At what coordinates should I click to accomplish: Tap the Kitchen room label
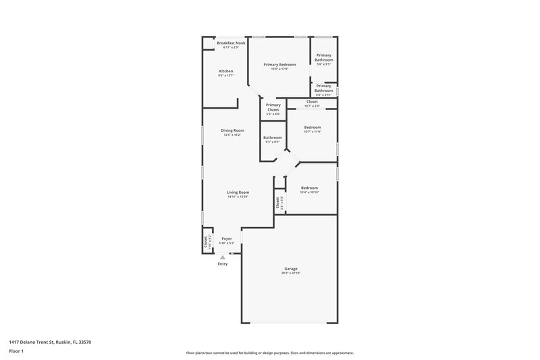point(226,71)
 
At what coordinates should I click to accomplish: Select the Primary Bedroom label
point(279,64)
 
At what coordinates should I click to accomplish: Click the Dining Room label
point(232,130)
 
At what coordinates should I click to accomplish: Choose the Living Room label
point(238,192)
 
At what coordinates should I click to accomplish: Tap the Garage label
point(291,269)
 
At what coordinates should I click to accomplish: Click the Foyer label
point(227,238)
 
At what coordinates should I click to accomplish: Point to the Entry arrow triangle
point(223,257)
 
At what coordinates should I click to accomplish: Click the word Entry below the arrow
point(223,264)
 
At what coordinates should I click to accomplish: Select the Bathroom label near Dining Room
point(273,137)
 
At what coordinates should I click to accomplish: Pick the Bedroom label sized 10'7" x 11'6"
point(312,127)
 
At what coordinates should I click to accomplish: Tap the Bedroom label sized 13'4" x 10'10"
point(309,188)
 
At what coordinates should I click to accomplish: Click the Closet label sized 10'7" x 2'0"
point(312,101)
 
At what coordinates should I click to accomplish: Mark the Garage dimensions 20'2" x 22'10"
point(291,274)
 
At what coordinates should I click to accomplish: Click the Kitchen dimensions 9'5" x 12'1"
point(226,76)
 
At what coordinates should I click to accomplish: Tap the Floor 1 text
point(17,352)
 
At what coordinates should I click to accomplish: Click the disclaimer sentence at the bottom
point(270,353)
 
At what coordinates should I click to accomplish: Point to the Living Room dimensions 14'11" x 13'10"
point(238,197)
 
